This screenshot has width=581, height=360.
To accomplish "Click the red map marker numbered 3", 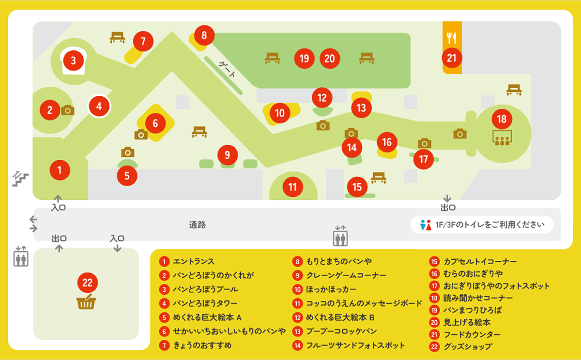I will (x=74, y=60).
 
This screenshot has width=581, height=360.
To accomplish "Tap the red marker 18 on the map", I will (x=502, y=119).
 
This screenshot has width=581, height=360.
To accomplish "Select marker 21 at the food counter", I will (x=452, y=59).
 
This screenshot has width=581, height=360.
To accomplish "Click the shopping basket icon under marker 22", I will (x=86, y=303).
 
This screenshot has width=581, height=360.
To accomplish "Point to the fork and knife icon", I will (x=452, y=38).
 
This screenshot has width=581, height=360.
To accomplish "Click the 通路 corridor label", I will (x=198, y=225).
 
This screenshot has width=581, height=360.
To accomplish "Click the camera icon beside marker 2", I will (x=68, y=110).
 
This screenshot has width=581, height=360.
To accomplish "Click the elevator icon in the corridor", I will (x=340, y=237).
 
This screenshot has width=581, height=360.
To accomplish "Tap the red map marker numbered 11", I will (x=292, y=187).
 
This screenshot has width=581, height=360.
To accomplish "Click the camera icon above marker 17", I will (x=425, y=143).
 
